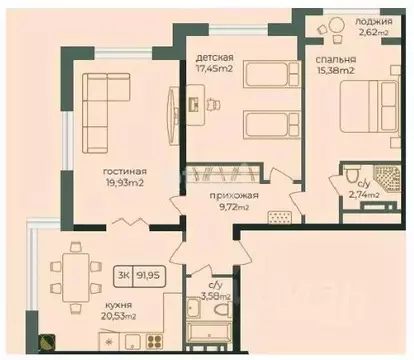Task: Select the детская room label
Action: (216, 57)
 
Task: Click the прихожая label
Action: (235, 196)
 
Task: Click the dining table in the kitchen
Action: (73, 270)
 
